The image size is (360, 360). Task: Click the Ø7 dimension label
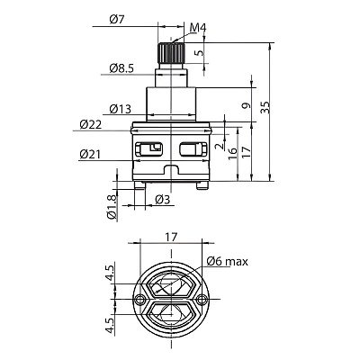click(x=117, y=20)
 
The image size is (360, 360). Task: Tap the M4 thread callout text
click(x=198, y=28)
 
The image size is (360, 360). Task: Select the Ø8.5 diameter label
click(x=121, y=68)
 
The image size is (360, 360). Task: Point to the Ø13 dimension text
click(x=121, y=109)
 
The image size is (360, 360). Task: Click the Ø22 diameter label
click(x=91, y=124)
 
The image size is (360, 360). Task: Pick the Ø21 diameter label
click(x=90, y=155)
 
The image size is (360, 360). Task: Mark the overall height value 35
click(x=265, y=107)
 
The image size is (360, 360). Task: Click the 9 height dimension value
click(x=247, y=105)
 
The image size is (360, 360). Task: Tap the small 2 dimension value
click(x=220, y=146)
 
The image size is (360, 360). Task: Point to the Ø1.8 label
click(x=112, y=208)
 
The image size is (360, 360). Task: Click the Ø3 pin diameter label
click(x=163, y=199)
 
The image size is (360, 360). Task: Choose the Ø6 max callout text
click(x=228, y=262)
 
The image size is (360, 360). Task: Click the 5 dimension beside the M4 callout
click(x=199, y=53)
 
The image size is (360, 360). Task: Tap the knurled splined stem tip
click(x=171, y=53)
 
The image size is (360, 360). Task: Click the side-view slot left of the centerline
click(x=149, y=148)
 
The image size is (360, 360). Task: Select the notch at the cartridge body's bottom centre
click(x=171, y=169)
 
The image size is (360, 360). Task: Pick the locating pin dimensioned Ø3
click(x=139, y=185)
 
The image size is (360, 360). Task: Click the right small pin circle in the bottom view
click(x=202, y=299)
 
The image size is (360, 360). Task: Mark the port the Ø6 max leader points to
click(x=171, y=284)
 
